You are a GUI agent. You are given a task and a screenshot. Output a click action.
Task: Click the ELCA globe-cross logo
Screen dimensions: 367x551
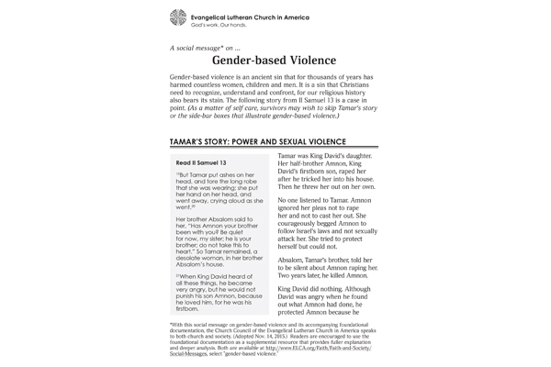point(178,17)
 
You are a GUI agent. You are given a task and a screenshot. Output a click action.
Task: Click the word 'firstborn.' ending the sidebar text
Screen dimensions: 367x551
point(188,309)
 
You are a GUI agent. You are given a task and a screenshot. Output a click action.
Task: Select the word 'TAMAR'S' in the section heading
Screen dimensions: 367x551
point(191,143)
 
